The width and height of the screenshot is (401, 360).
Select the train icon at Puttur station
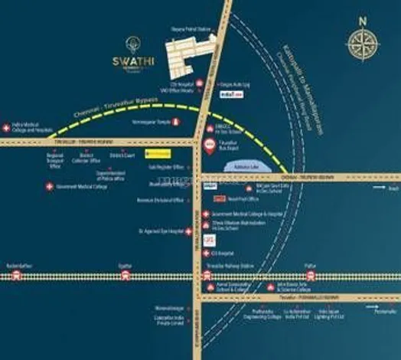(310, 276)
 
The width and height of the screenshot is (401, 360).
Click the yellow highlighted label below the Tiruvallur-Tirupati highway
(160, 153)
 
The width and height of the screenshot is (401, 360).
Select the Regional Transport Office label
(54, 159)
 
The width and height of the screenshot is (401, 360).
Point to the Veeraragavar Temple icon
(177, 121)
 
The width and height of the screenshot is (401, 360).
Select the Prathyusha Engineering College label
(267, 313)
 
